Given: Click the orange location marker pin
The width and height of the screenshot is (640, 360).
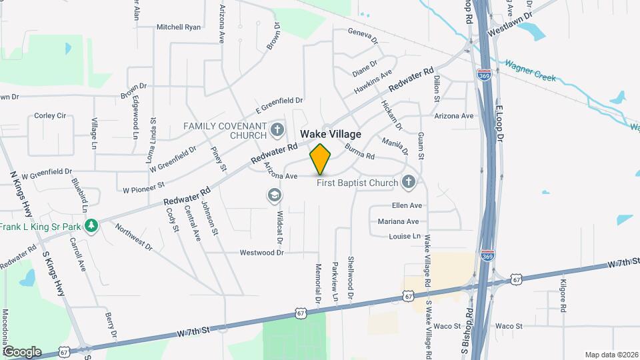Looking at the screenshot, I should (321, 159).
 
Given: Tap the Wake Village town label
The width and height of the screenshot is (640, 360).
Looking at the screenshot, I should (331, 134).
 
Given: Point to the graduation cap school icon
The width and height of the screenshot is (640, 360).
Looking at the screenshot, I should (273, 195).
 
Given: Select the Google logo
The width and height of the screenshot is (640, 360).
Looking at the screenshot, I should (22, 351).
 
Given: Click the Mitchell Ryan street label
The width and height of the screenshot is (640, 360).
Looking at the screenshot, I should (179, 27).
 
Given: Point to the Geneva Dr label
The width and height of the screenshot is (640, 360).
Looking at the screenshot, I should (363, 35).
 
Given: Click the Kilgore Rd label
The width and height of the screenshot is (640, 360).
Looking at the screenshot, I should (563, 297).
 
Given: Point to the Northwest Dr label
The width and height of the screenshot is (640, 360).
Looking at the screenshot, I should (133, 237).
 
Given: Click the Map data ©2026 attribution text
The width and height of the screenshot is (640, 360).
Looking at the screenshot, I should (611, 354).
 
